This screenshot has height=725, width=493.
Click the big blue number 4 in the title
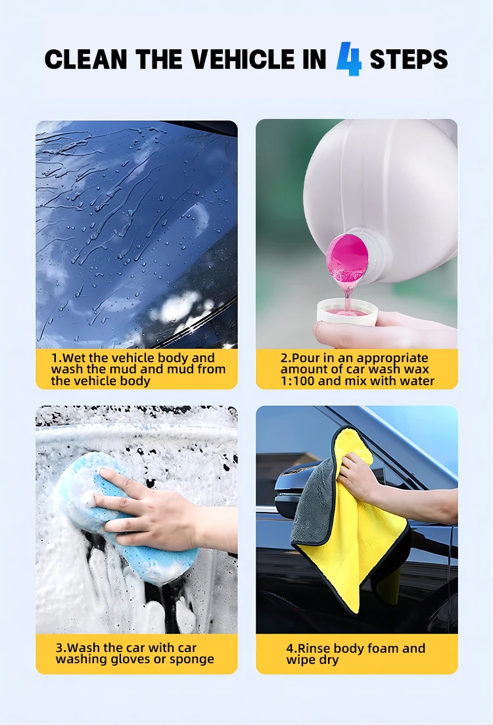coord(348,58)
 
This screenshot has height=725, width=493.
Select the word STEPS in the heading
coord(408,60)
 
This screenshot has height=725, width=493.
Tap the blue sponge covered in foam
coord(125,519)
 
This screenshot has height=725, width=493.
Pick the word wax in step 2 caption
coord(417,370)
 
